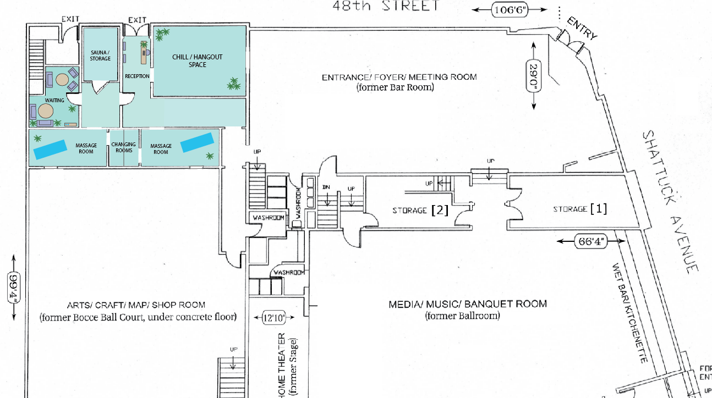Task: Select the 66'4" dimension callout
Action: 591,242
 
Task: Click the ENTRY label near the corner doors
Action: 582,29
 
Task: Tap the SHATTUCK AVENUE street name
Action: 671,201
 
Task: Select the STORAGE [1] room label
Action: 580,209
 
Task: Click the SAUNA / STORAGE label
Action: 101,56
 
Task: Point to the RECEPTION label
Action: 137,76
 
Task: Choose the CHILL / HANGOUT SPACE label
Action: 198,60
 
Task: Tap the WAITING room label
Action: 54,101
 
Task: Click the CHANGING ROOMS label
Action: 123,147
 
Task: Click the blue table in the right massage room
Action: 197,142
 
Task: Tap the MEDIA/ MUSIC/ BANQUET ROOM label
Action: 468,304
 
